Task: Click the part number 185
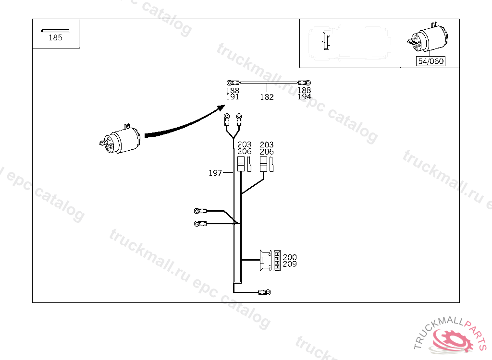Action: (56, 38)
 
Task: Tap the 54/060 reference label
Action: (430, 61)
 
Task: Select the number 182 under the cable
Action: (267, 97)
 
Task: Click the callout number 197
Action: (215, 173)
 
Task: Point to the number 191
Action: (233, 96)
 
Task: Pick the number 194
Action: (304, 96)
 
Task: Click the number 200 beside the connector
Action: (290, 258)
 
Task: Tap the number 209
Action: (290, 264)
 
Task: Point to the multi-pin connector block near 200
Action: (277, 260)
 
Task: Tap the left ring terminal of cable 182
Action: (231, 83)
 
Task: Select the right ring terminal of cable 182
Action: (303, 83)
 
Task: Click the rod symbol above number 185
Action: (55, 31)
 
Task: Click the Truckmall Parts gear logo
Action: (452, 339)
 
